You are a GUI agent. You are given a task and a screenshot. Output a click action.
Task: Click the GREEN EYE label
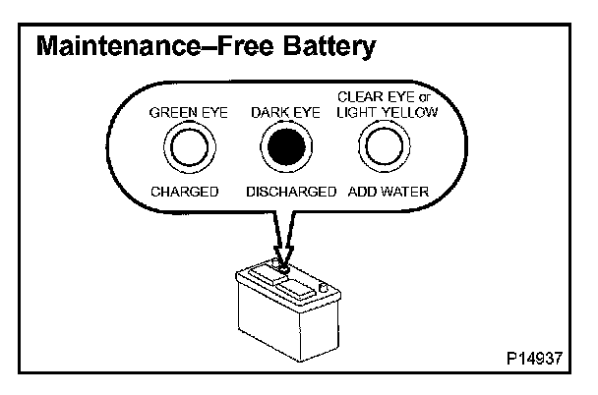click(188, 113)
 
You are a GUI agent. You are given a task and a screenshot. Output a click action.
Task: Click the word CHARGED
click(184, 192)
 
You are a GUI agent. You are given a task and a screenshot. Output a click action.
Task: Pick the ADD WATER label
click(389, 192)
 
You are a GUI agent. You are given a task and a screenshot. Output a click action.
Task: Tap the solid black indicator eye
click(284, 150)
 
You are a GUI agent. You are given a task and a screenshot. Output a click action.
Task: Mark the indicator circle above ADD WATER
click(382, 149)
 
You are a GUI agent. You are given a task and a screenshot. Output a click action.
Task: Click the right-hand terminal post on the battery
click(324, 288)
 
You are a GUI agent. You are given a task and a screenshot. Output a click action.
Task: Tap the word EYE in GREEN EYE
click(213, 113)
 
